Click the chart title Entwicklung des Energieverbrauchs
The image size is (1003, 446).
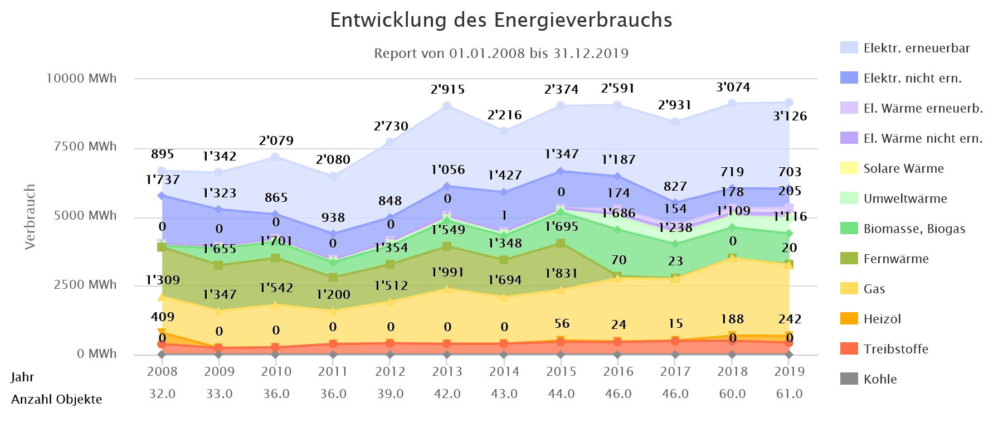pyautogui.click(x=501, y=20)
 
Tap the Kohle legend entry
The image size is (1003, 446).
pyautogui.click(x=880, y=379)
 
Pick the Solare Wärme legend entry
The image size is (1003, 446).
pyautogui.click(x=903, y=168)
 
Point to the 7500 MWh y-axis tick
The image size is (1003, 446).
pyautogui.click(x=90, y=147)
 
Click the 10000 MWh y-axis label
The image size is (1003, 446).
pyautogui.click(x=81, y=78)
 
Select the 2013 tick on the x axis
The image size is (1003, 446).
pyautogui.click(x=447, y=371)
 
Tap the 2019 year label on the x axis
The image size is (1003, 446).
pyautogui.click(x=790, y=371)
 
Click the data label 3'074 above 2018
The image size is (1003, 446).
pyautogui.click(x=732, y=87)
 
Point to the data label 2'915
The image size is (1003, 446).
pyautogui.click(x=447, y=89)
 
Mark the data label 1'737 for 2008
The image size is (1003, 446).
pyautogui.click(x=163, y=180)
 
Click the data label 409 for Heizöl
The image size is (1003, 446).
pyautogui.click(x=163, y=317)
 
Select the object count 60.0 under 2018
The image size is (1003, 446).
pyautogui.click(x=732, y=394)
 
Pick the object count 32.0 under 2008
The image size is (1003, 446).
pyautogui.click(x=163, y=394)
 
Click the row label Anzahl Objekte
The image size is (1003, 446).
pyautogui.click(x=56, y=399)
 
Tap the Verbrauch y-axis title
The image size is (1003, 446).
pyautogui.click(x=30, y=216)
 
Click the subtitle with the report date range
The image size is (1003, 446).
pyautogui.click(x=501, y=54)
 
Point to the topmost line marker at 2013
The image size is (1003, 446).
pyautogui.click(x=447, y=106)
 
